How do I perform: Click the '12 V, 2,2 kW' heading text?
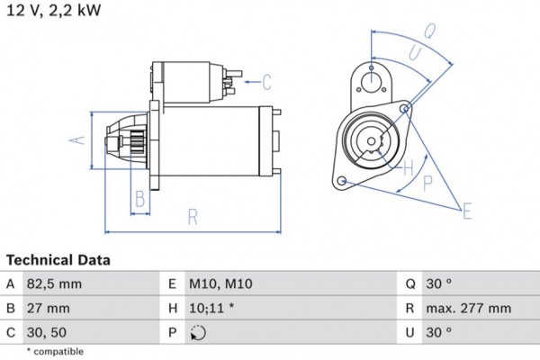[x=54, y=10]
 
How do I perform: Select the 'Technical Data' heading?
[x=58, y=260]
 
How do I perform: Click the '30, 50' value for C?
[x=46, y=332]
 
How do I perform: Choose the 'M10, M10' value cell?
[x=220, y=283]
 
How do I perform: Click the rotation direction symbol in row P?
[x=199, y=333]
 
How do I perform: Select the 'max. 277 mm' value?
[x=469, y=308]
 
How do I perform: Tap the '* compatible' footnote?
[x=55, y=351]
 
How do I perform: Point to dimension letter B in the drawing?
[x=139, y=199]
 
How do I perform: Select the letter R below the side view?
[x=193, y=216]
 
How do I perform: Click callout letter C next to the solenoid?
[x=266, y=83]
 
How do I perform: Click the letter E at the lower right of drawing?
[x=466, y=212]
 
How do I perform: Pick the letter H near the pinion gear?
[x=408, y=167]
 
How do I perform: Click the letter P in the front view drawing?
[x=428, y=183]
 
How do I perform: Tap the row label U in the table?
[x=409, y=332]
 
